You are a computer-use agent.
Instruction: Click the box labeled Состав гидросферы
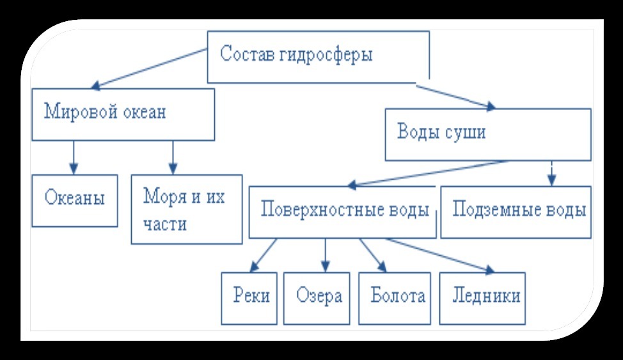[x=318, y=56]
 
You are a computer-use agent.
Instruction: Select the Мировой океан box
[x=123, y=114]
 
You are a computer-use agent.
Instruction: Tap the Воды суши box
[x=487, y=134]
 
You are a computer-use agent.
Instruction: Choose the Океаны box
[x=75, y=200]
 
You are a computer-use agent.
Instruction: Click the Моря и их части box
[x=186, y=208]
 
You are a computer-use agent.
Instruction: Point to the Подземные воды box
[x=515, y=212]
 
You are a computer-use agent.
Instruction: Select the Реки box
[x=249, y=297]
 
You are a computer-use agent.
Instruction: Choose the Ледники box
[x=482, y=297]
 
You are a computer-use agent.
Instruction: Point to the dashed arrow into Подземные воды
[x=552, y=172]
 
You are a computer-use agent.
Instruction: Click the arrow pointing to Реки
[x=264, y=254]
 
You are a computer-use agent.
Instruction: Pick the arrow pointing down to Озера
[x=326, y=254]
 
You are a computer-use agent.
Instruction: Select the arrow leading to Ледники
[x=440, y=256]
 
